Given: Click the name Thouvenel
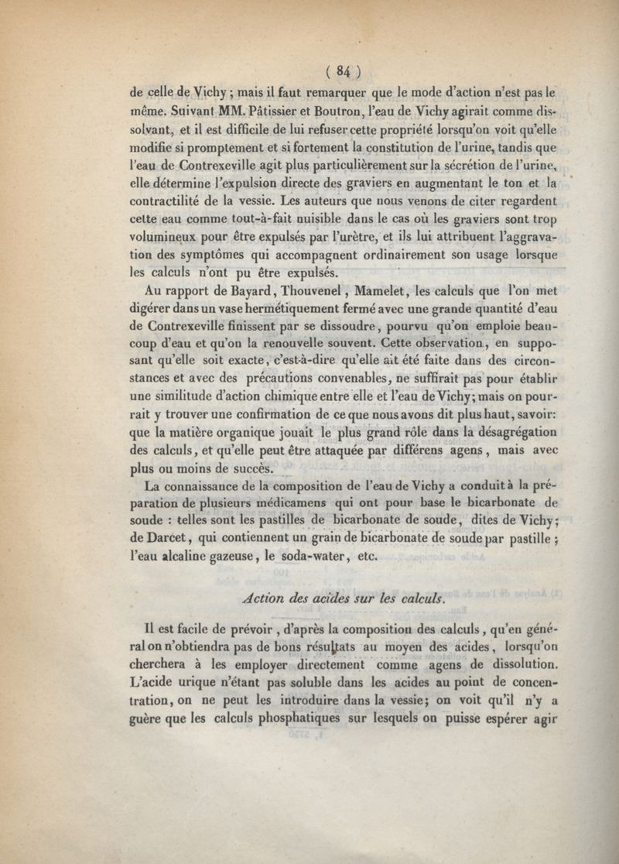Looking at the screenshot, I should [278, 293].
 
